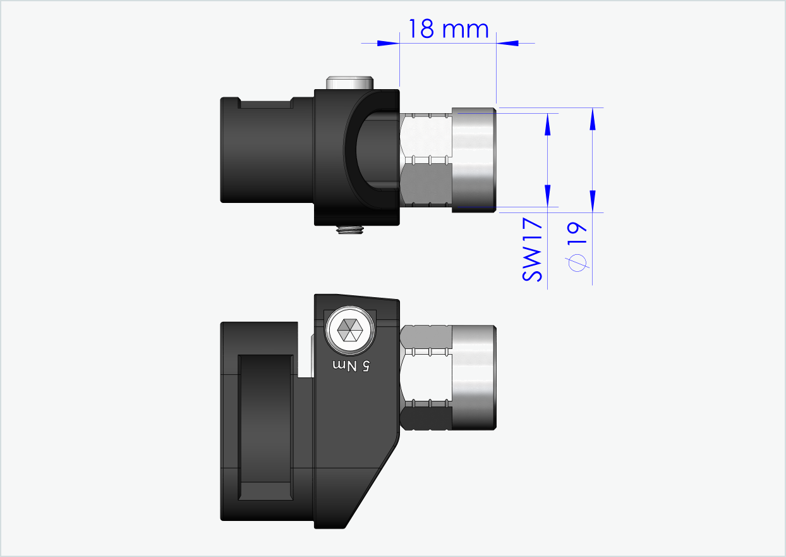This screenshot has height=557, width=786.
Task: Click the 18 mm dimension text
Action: (x=448, y=29)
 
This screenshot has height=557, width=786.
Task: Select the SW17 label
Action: (x=533, y=250)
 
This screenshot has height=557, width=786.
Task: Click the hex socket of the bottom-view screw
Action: (x=349, y=329)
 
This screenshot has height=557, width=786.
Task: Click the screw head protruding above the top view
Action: (x=349, y=83)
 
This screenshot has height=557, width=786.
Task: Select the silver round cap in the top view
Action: (x=474, y=160)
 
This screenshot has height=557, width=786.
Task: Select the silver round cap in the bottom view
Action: (x=474, y=377)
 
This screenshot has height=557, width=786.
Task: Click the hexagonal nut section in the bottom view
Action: (x=426, y=377)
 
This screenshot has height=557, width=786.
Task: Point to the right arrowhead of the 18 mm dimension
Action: (x=507, y=43)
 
